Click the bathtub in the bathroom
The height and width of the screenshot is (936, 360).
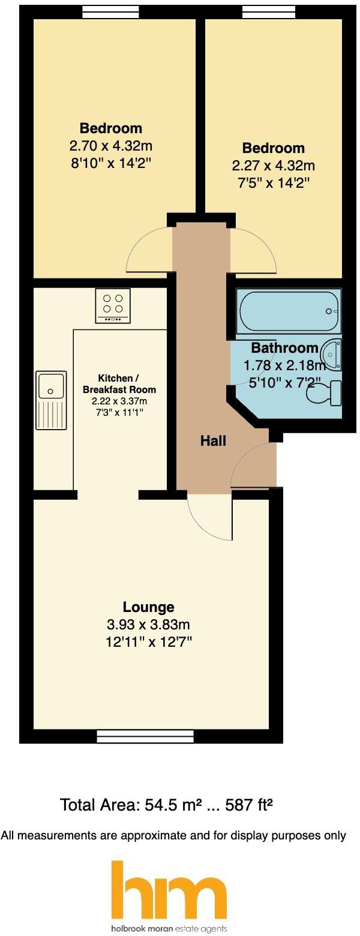click(289, 311)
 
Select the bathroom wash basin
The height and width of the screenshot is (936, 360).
click(331, 354)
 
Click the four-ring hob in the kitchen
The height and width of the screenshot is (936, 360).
click(113, 305)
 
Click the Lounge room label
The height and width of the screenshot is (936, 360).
click(148, 607)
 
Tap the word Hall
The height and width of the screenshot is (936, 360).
click(213, 441)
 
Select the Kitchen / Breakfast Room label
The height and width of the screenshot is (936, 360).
click(118, 384)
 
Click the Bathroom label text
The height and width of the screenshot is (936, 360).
click(284, 348)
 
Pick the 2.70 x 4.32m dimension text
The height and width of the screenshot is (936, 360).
click(111, 145)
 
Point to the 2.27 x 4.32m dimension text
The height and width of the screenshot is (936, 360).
click(273, 165)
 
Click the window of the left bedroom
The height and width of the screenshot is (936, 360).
click(110, 11)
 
